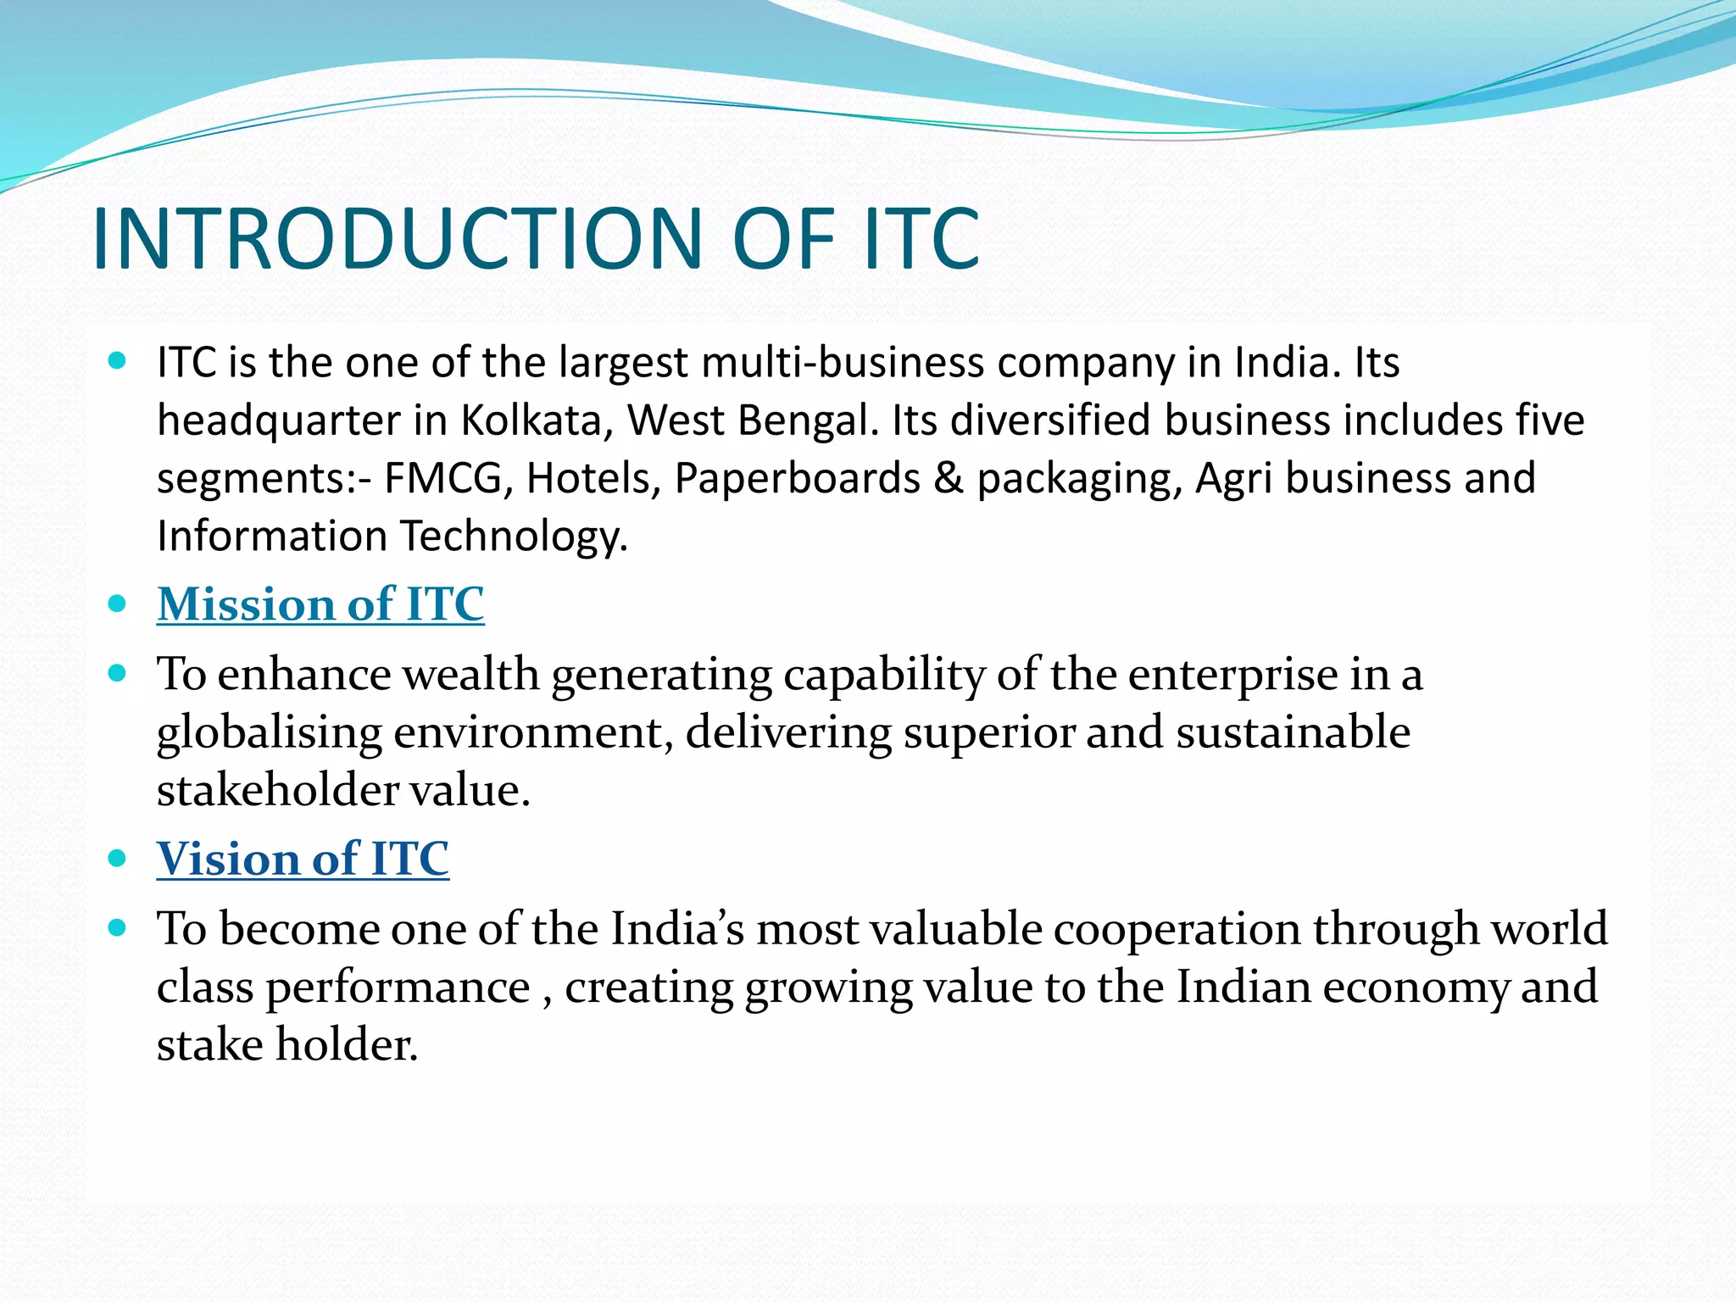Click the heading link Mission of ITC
tap(320, 604)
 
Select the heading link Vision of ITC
tap(303, 859)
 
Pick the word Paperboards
tap(797, 479)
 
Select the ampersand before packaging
tap(949, 479)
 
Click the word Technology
tap(514, 537)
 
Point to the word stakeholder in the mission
tap(277, 791)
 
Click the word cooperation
tap(1177, 929)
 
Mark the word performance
tap(398, 988)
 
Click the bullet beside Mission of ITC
tap(118, 604)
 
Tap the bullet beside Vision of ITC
tap(118, 859)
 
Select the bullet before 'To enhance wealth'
tap(118, 674)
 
